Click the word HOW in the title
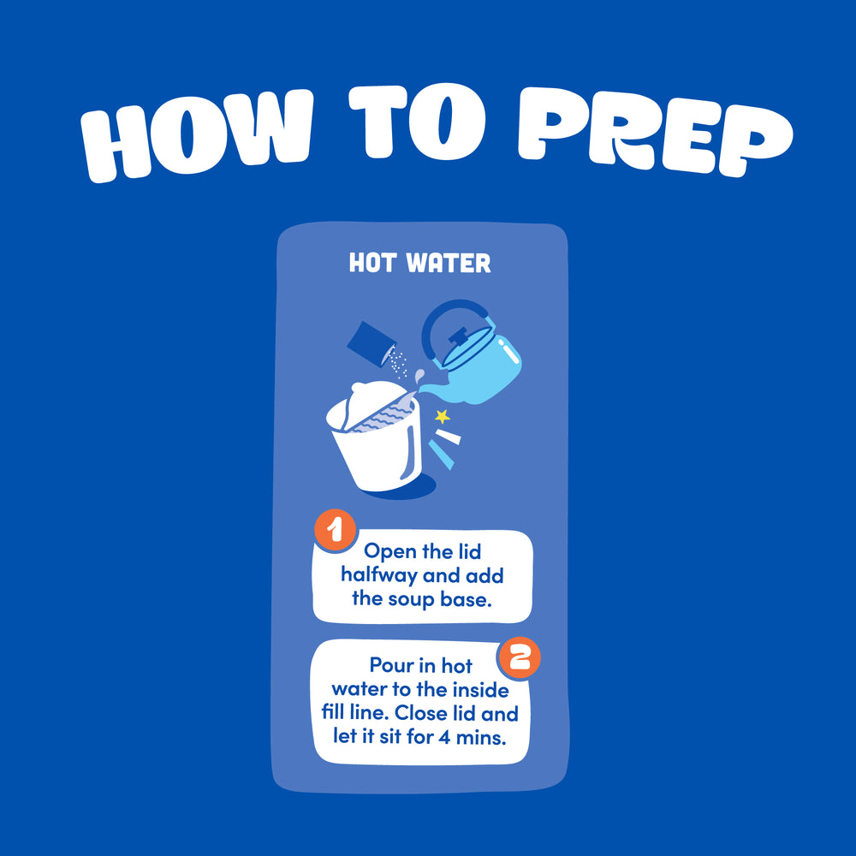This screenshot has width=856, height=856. click(197, 135)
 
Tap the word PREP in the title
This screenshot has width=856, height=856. click(655, 131)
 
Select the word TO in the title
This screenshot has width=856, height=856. click(417, 122)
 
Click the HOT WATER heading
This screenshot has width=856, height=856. click(419, 263)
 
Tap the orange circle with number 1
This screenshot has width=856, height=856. click(336, 530)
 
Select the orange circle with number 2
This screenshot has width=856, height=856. click(520, 657)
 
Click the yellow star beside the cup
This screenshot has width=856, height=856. click(443, 417)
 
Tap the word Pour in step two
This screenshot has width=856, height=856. click(389, 665)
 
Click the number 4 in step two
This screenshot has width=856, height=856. click(445, 738)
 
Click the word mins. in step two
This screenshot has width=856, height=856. click(481, 738)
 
